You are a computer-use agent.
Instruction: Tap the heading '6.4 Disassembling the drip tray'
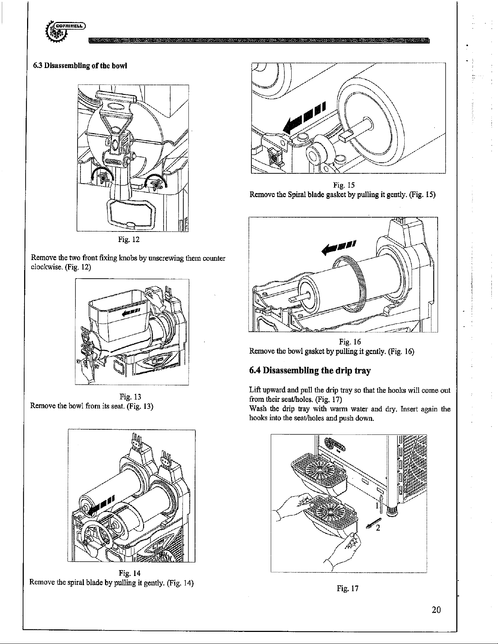[310, 371]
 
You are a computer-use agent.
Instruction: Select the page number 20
[436, 610]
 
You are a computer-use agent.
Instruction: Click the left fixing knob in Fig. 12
[104, 177]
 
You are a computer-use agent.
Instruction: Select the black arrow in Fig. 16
[339, 247]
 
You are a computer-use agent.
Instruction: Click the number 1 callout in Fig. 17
[377, 506]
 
